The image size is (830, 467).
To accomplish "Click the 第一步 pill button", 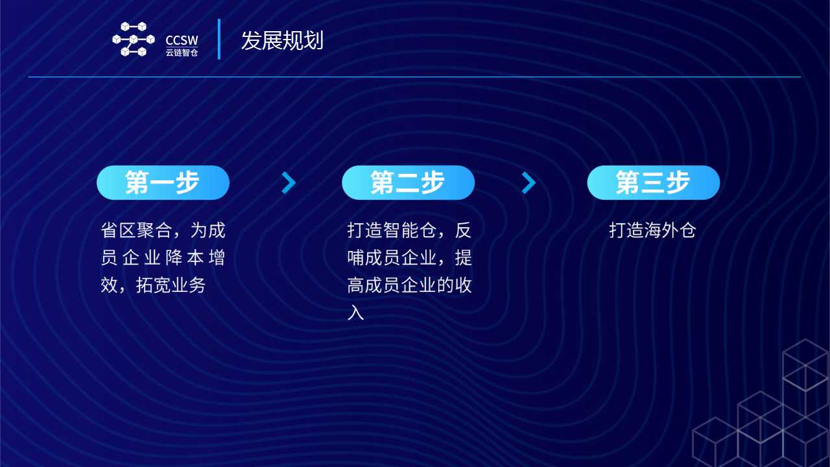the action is coord(163,183).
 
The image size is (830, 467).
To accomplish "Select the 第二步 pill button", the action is coord(409,183).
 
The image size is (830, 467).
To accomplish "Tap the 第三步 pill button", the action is coord(654,183).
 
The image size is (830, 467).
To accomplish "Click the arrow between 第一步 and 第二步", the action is coord(289,183).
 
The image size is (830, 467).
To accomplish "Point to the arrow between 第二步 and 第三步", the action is coord(528,183).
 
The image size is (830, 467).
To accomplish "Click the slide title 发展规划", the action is coord(282,40).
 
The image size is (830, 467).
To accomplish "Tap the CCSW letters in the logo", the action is coord(182,40).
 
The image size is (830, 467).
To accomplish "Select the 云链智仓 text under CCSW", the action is coord(182,53).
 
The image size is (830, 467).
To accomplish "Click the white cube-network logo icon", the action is coord(134,39).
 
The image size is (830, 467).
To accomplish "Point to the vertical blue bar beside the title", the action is coord(219,39).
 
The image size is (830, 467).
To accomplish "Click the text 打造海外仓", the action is coord(653,230).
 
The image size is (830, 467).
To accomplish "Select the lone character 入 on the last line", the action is coord(356,313).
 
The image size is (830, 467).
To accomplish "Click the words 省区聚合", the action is coord(136,230).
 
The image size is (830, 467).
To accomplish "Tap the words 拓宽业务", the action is coord(171,285).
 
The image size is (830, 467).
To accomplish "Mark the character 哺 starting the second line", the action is coord(356,257).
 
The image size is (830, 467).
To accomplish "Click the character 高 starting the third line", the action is coord(356,285).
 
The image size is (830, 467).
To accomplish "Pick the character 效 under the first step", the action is coord(110,285).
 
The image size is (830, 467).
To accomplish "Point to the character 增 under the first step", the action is coord(217,257).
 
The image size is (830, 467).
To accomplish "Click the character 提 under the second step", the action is coord(464,257).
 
